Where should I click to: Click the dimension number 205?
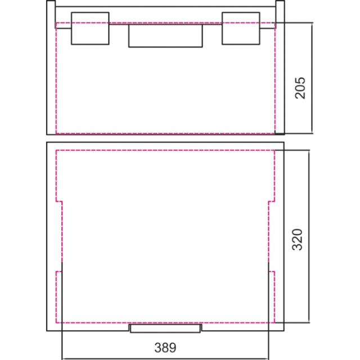[300, 88]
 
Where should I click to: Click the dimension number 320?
[297, 240]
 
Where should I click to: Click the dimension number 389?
[165, 348]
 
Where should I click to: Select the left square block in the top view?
[90, 29]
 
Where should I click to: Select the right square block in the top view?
[241, 29]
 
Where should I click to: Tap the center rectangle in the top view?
[165, 36]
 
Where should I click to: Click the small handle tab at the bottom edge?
[165, 328]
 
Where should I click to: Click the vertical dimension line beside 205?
[312, 78]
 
